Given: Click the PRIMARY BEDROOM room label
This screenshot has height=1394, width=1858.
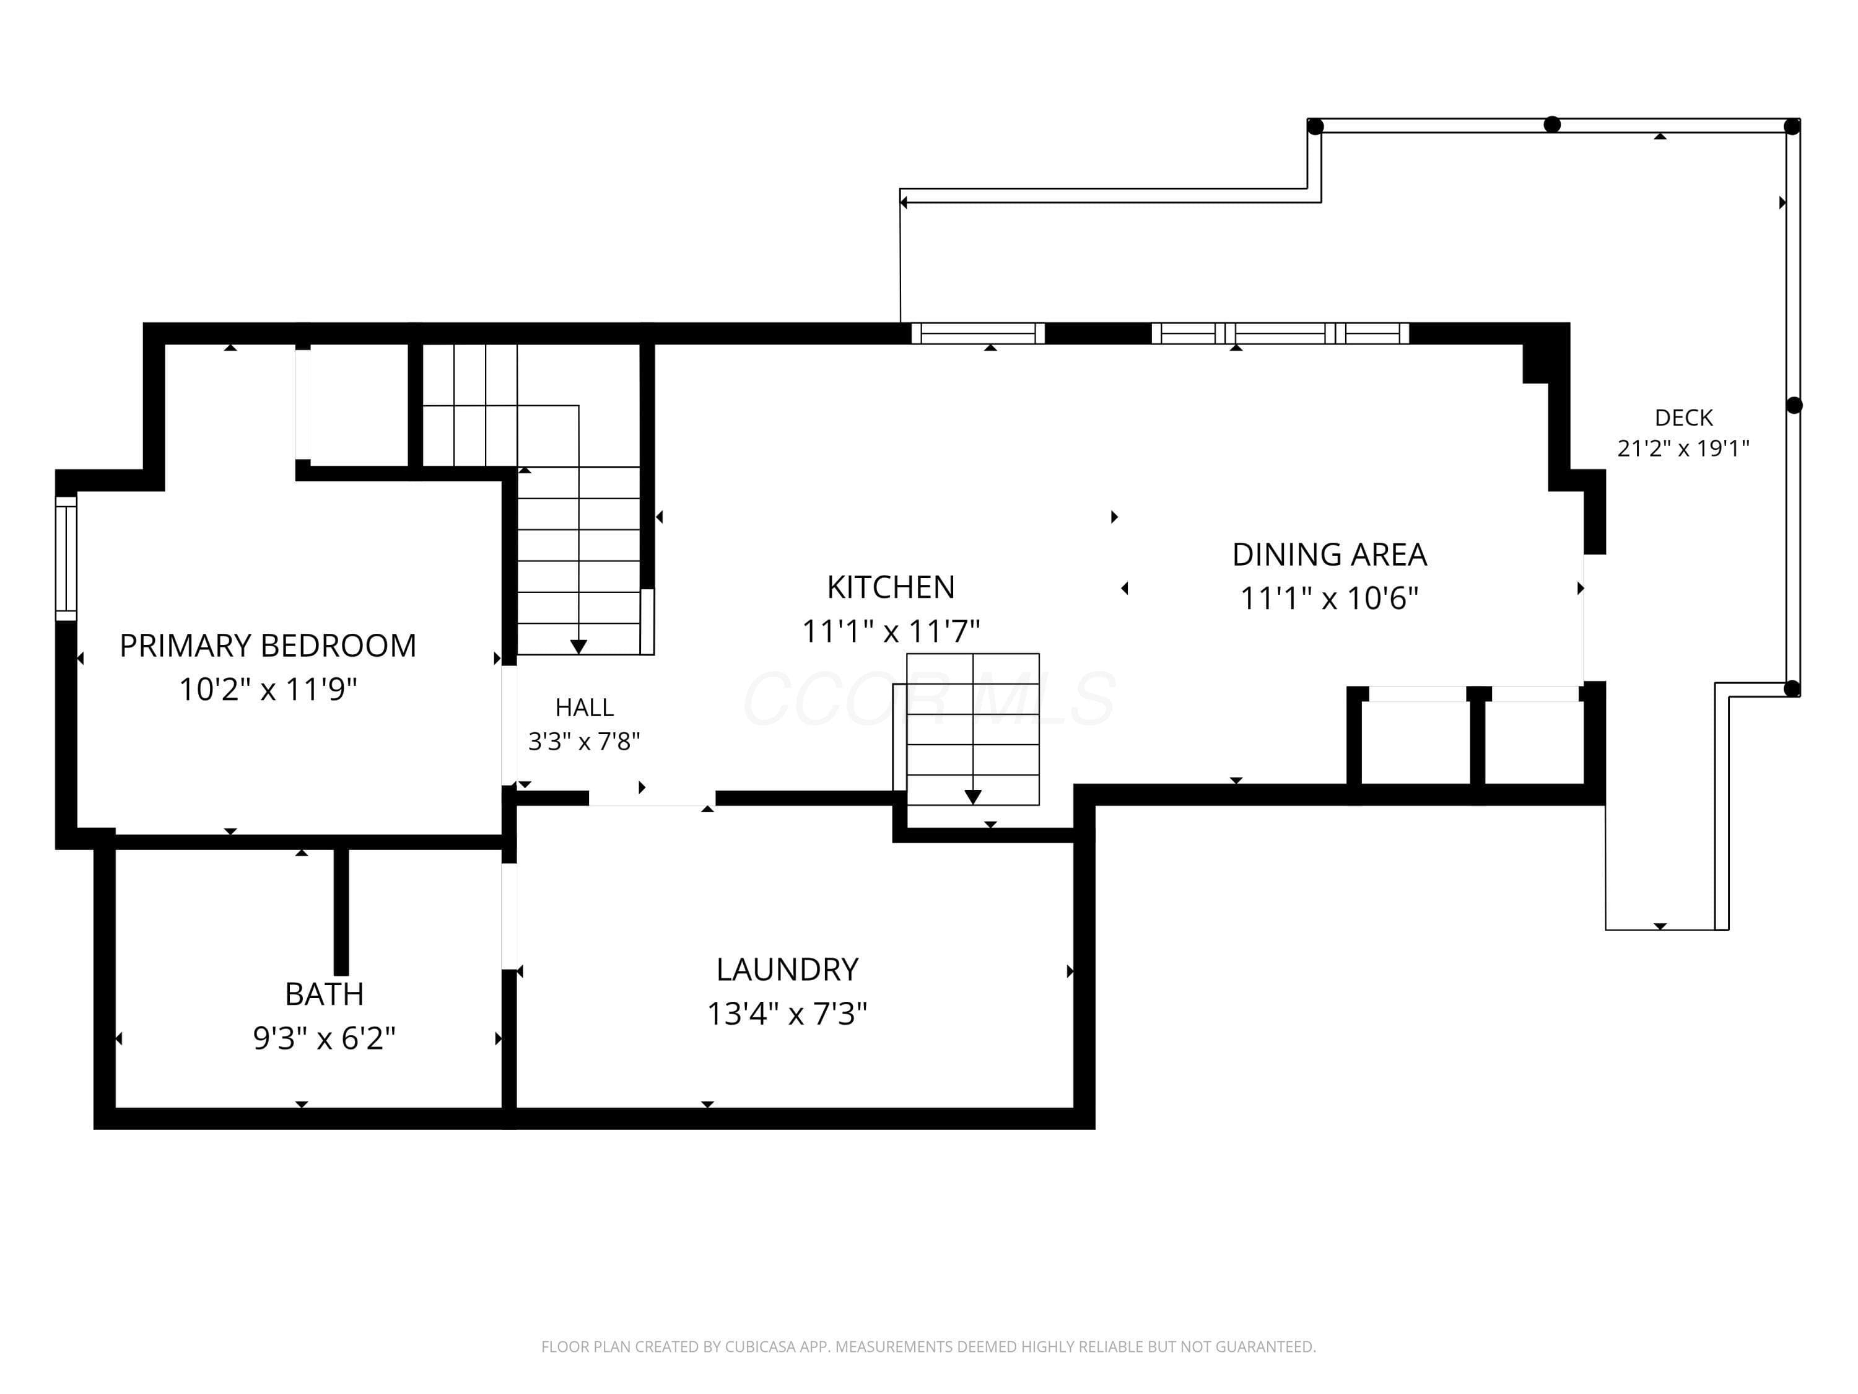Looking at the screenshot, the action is [268, 646].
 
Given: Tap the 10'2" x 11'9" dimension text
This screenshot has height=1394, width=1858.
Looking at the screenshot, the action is [268, 690].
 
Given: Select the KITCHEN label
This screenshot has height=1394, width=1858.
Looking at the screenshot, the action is [891, 587].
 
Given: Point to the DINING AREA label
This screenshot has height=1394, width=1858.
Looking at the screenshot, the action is [1330, 555].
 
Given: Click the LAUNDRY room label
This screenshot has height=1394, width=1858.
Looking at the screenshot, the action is [787, 970].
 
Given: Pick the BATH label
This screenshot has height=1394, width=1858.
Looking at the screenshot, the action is [325, 994].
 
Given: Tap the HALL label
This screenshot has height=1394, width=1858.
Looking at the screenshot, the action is [585, 708].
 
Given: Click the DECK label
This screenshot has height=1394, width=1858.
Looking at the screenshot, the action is [1683, 418].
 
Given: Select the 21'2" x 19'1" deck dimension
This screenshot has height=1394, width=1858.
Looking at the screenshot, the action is [1683, 448].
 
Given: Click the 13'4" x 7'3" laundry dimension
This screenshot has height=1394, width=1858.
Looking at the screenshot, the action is [787, 1014].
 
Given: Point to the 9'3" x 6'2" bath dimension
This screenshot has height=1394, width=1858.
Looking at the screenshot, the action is [325, 1038].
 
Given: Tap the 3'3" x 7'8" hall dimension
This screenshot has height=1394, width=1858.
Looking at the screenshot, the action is [585, 741].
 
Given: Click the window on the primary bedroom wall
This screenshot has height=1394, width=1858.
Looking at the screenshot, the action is [66, 558].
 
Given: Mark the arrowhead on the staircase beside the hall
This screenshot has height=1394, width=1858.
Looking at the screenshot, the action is [578, 646].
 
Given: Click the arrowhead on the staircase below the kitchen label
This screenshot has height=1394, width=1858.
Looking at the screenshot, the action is [973, 797].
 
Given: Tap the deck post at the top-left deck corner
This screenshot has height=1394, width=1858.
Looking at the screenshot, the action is [1315, 126].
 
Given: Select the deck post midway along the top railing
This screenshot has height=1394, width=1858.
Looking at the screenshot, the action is [1552, 125].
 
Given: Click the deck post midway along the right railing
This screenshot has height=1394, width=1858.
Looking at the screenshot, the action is [1794, 405].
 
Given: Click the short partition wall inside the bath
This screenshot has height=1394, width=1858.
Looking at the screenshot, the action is [341, 911].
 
